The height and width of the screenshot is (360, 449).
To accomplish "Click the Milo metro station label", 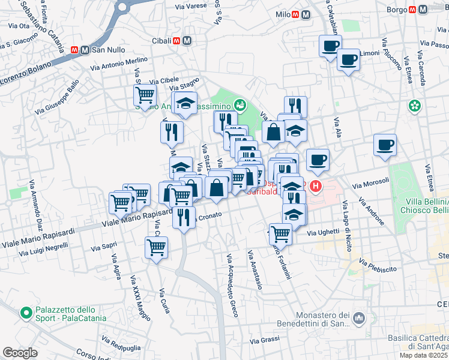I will [x=282, y=14].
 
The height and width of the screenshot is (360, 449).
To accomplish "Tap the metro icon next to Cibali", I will [x=187, y=41].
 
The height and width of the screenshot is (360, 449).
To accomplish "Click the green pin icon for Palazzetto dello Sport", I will [x=26, y=313].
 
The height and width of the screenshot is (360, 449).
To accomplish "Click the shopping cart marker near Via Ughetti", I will [x=280, y=233].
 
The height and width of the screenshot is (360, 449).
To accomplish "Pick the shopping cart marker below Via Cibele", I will [x=145, y=95].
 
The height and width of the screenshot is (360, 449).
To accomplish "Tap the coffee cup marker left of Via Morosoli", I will [x=318, y=160].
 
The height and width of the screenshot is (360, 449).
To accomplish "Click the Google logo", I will [x=20, y=353].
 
